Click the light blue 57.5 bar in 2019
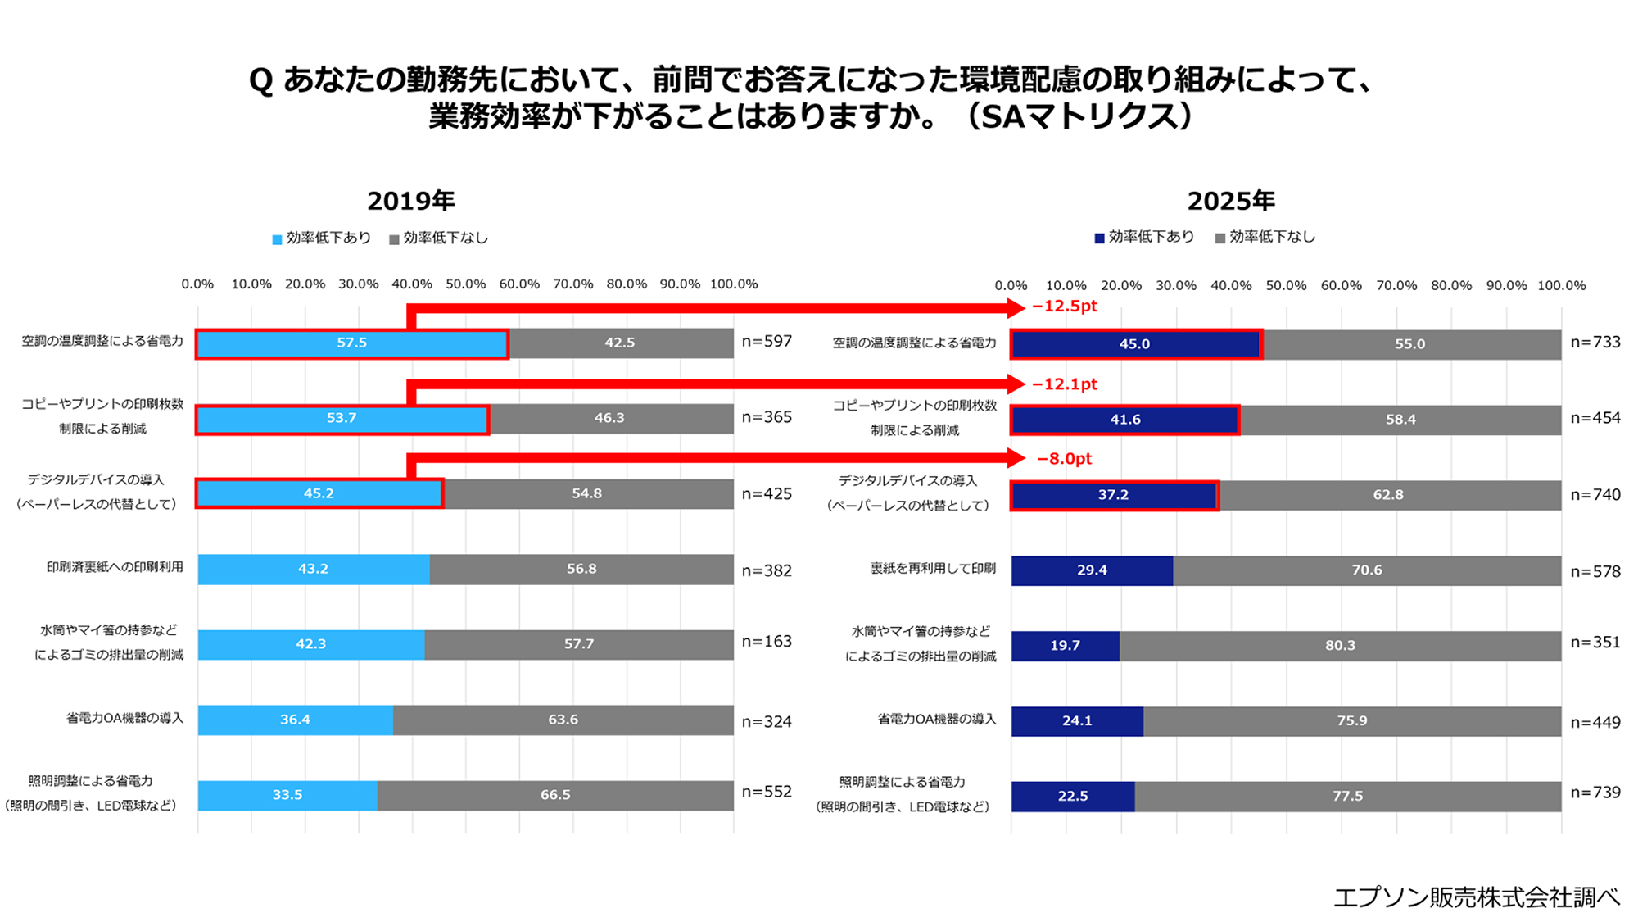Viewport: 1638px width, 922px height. [x=352, y=343]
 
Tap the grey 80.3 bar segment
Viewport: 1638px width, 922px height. [x=1340, y=646]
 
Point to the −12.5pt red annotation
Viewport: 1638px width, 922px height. [x=1064, y=307]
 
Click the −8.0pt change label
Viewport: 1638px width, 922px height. [x=1064, y=459]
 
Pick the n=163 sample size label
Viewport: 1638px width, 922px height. [x=767, y=642]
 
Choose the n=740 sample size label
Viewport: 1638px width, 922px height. [x=1595, y=495]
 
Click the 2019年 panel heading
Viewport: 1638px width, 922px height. [x=410, y=201]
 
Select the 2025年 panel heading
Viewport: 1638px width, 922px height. [x=1231, y=201]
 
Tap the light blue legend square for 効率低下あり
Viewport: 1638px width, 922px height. [x=277, y=239]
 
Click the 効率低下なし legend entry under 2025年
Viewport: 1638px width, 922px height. [x=1265, y=238]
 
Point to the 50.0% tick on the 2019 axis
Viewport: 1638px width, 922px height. [x=465, y=284]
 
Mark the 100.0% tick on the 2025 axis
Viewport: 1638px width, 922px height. [x=1561, y=286]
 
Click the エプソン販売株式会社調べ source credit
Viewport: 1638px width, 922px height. [x=1476, y=897]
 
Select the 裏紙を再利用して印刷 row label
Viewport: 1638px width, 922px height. [x=933, y=569]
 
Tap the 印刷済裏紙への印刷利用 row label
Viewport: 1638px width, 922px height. [x=115, y=567]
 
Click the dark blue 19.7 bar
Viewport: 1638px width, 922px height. [x=1065, y=646]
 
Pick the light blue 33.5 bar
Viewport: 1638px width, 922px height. [x=287, y=795]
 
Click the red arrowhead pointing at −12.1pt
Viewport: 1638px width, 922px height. [x=1016, y=384]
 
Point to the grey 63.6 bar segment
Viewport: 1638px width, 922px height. [x=563, y=720]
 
